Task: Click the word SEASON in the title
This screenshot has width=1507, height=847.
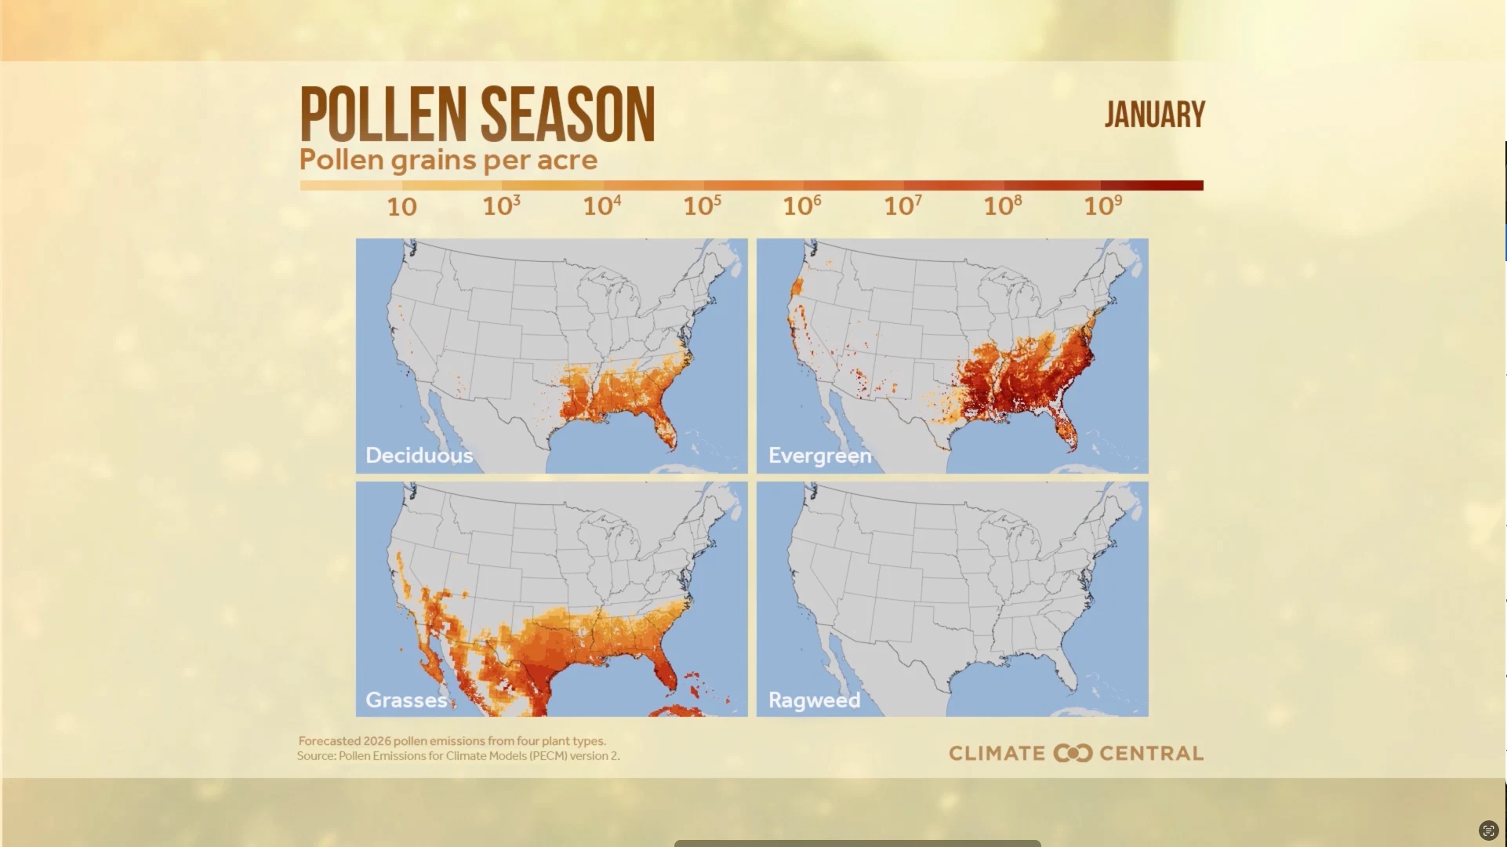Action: [568, 115]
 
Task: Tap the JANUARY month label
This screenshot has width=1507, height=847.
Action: [1154, 115]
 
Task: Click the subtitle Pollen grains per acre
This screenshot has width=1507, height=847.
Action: [448, 160]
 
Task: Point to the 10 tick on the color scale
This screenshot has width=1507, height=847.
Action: [401, 207]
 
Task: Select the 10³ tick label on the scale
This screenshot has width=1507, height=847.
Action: [501, 206]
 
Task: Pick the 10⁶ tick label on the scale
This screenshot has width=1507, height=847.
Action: [802, 206]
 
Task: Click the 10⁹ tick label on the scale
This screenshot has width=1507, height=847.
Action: [1102, 206]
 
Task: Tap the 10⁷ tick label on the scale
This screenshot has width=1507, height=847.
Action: [902, 206]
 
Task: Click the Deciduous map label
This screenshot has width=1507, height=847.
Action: [419, 456]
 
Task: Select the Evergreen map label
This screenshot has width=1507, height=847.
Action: [819, 456]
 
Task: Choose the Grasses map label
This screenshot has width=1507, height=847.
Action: [405, 700]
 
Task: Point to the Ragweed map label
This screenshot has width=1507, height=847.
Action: [814, 700]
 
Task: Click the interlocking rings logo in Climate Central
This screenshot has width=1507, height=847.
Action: [1073, 754]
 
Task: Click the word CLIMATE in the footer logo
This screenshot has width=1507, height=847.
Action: [997, 754]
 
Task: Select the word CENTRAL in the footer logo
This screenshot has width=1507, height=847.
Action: [1151, 754]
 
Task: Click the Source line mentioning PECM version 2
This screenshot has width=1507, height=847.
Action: [458, 756]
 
